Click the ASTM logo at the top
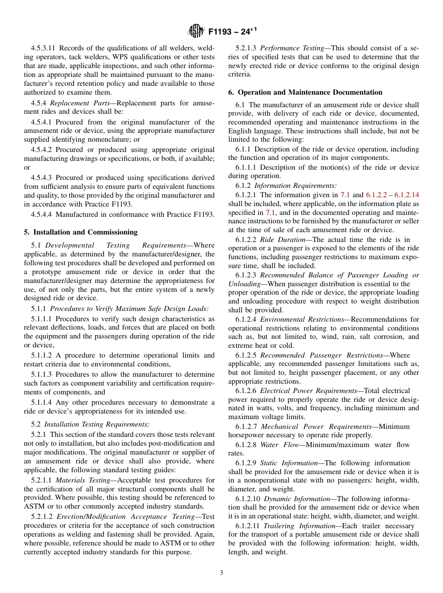[195, 31]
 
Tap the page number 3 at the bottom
[221, 572]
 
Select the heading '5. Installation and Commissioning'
[81, 232]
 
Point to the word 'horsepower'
[246, 435]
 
